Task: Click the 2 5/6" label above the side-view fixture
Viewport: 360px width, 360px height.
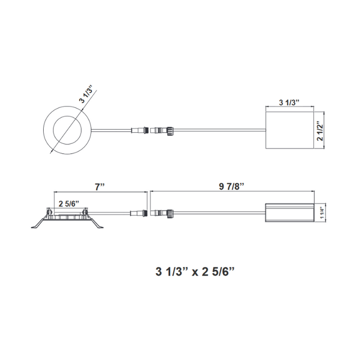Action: point(68,203)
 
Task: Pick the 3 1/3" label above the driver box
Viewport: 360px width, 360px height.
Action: point(289,102)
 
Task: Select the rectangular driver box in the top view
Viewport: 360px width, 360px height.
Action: point(289,130)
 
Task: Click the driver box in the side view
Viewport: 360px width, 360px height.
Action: point(289,212)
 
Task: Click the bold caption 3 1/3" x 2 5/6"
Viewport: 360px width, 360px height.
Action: point(194,270)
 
